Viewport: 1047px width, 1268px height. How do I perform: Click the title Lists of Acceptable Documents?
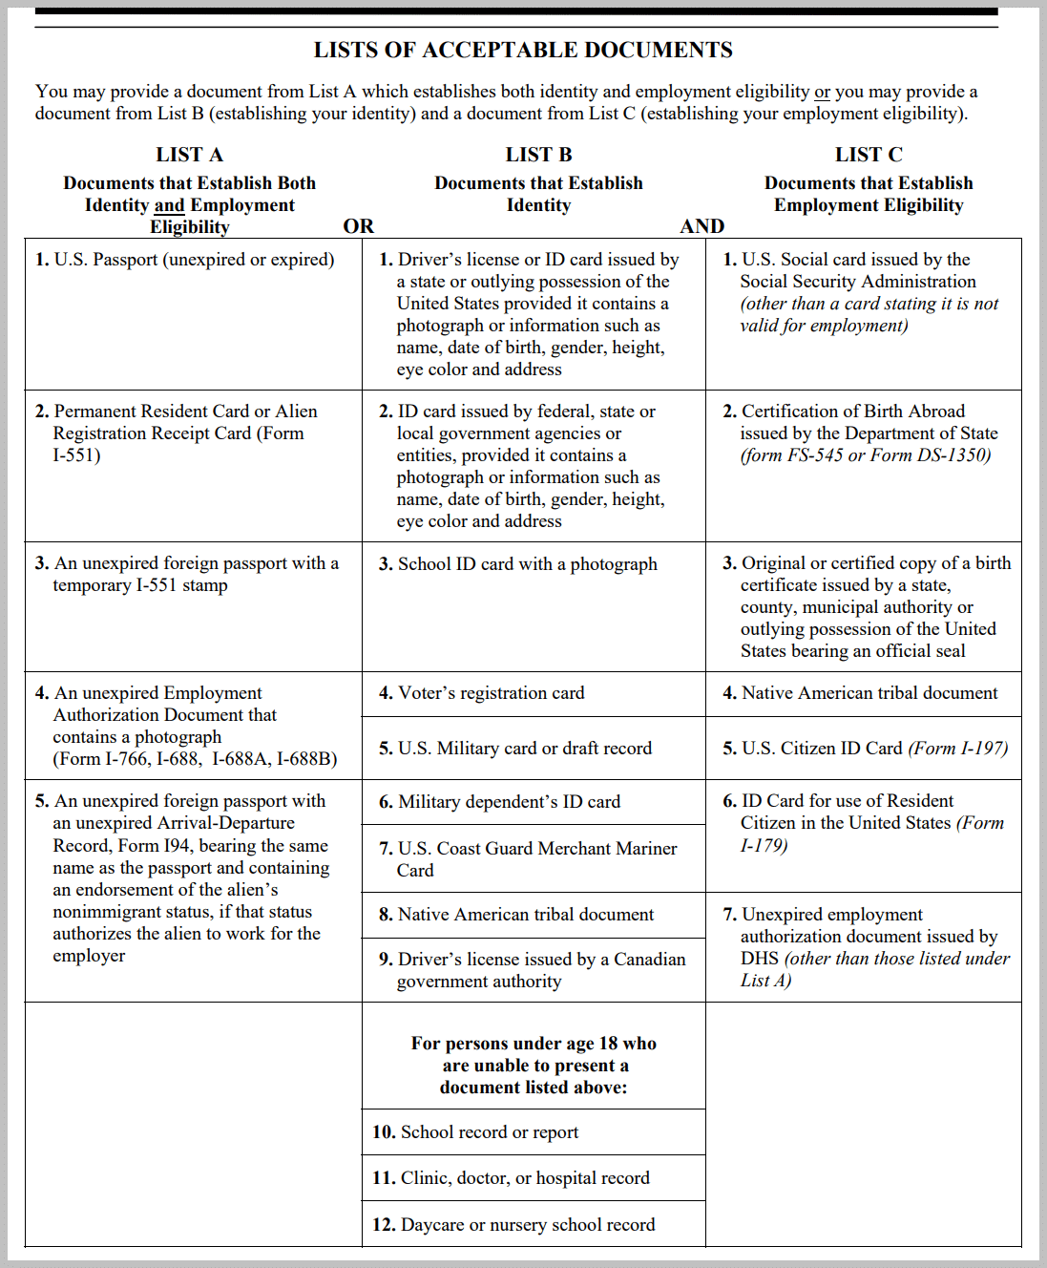(523, 51)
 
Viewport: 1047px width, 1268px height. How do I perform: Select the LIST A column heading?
(189, 155)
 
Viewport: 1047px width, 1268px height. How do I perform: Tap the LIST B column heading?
(538, 155)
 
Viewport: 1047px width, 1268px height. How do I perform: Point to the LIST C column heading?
(869, 155)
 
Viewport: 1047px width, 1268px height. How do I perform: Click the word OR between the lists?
(359, 226)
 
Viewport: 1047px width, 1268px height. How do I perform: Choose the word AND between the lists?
(702, 226)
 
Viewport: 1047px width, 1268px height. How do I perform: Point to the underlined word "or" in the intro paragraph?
(822, 92)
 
